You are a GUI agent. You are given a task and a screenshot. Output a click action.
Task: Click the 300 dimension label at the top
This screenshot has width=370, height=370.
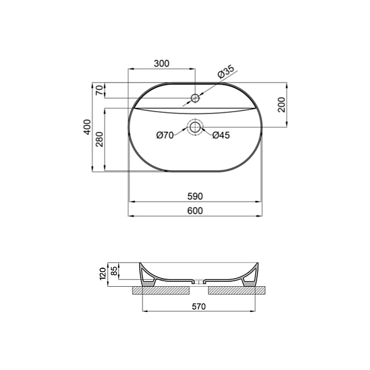tap(162, 64)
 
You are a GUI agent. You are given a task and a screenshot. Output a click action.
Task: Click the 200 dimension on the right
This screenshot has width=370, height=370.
tap(281, 105)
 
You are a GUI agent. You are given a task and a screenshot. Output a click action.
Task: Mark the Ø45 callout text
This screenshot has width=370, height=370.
tap(221, 135)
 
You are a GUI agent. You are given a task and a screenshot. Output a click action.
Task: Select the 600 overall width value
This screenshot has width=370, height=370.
tap(195, 211)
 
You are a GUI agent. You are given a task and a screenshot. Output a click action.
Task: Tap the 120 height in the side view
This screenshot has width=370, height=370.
tap(103, 274)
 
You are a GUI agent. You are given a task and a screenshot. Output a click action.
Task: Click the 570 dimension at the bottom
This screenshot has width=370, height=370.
tap(198, 306)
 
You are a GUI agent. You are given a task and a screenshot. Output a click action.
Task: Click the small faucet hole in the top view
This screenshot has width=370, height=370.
tap(195, 98)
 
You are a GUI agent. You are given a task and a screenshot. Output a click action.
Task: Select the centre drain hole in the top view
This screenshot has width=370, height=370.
tap(195, 128)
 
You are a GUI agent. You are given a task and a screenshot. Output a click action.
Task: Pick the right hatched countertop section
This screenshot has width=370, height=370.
tap(237, 289)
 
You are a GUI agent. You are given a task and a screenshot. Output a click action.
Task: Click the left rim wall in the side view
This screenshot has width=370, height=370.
tap(147, 276)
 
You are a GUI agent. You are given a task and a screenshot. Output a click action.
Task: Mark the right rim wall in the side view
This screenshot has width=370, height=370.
tap(250, 276)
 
